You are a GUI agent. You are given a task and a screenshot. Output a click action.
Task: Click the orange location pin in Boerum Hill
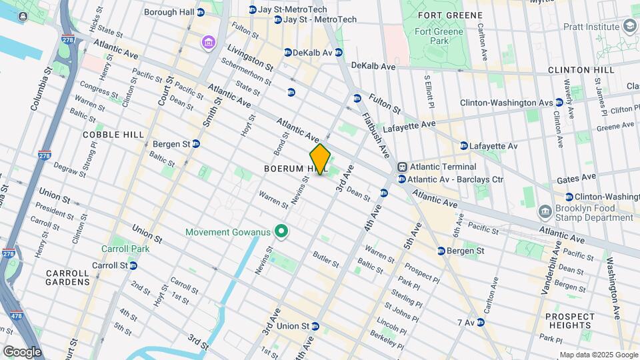point(320,159)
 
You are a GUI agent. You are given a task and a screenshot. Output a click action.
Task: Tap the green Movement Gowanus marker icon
point(281,232)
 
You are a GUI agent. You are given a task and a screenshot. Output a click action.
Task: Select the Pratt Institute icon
point(629,26)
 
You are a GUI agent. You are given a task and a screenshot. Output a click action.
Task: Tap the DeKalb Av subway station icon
point(287,52)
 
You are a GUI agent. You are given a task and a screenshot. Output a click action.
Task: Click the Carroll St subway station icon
point(133,265)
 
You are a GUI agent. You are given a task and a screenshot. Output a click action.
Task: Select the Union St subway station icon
point(315,327)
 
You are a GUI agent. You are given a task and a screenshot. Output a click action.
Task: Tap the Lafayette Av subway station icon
point(463,145)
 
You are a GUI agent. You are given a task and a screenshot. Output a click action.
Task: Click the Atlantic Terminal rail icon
point(402,167)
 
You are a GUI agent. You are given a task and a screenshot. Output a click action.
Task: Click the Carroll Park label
point(125,249)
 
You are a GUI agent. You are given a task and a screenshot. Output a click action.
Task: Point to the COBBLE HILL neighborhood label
point(113,135)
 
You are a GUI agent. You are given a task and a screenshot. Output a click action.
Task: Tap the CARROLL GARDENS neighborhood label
point(67,277)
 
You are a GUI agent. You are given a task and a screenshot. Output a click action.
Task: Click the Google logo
point(21,351)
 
